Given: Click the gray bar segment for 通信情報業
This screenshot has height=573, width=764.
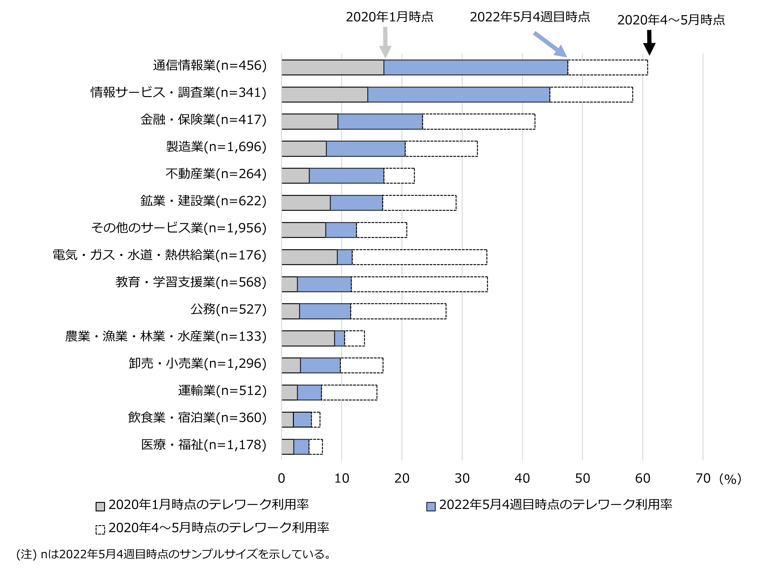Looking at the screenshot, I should [x=332, y=67].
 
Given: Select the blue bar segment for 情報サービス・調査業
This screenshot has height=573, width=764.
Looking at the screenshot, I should [x=458, y=95].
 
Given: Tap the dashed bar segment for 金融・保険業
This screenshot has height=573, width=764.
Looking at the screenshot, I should [x=478, y=122].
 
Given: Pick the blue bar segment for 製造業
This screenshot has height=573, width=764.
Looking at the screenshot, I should [x=365, y=149].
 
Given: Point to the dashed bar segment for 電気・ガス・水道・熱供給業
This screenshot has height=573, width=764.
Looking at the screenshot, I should [x=419, y=257].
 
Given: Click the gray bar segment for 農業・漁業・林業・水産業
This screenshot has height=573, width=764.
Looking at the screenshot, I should [x=308, y=338].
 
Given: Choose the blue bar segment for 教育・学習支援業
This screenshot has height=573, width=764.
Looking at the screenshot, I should [x=324, y=284].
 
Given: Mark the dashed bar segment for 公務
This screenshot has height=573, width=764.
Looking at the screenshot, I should [x=398, y=311].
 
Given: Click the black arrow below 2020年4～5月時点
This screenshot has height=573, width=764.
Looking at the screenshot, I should [x=649, y=42].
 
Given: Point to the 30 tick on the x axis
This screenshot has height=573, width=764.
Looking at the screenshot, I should [x=462, y=478].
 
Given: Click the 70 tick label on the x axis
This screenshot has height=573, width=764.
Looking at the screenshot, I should [x=702, y=478].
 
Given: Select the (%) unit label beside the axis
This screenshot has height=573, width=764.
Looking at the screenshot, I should [x=730, y=479].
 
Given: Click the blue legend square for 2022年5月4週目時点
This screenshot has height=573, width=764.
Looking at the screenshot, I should [x=431, y=507].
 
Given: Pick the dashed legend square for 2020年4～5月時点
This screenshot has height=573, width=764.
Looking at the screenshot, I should [x=100, y=530].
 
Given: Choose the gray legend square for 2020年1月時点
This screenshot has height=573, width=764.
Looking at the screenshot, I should [x=100, y=507].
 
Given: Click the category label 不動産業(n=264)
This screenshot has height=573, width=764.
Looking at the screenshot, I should [x=216, y=174].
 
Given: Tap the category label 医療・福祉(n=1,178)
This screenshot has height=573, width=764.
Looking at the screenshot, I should [x=204, y=445].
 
